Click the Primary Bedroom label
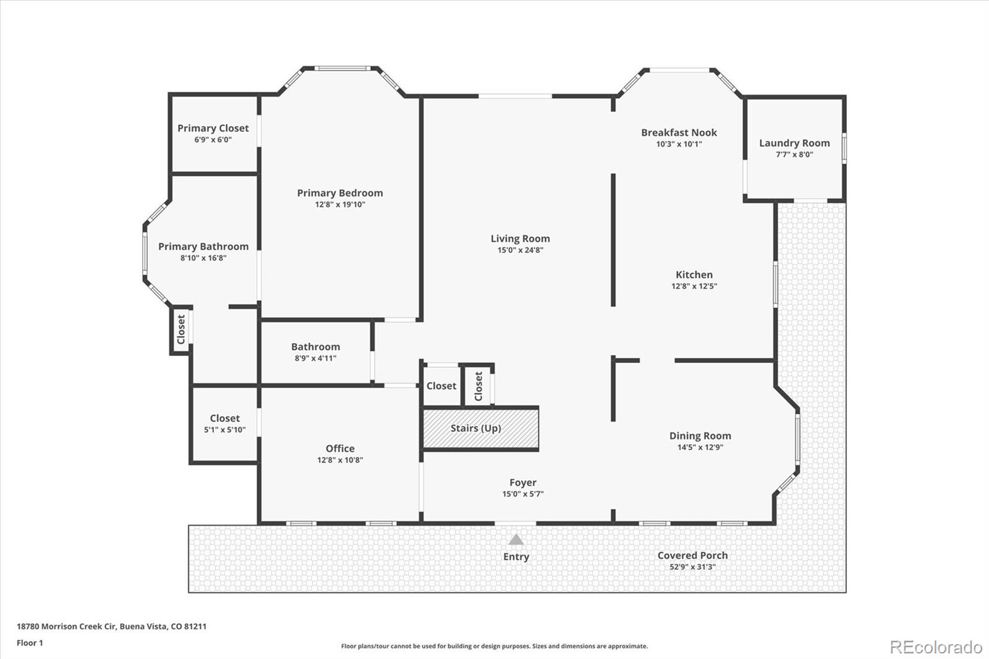tap(340, 193)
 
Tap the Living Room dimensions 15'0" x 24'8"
tap(520, 250)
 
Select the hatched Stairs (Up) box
tap(480, 428)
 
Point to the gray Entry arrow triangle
tap(516, 540)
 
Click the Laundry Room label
tap(794, 143)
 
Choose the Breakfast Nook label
tap(679, 132)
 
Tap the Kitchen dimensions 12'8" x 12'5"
tap(694, 286)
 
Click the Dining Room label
tap(700, 436)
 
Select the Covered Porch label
tap(692, 555)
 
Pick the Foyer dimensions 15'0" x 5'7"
tap(523, 494)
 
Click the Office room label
tap(340, 449)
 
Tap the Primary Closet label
tap(213, 128)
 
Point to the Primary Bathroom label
tap(203, 246)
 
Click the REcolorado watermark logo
tap(935, 647)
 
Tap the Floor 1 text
tap(30, 643)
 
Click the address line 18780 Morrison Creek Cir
tap(111, 626)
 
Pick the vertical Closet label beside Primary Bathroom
tap(181, 329)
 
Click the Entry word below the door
tap(516, 556)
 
